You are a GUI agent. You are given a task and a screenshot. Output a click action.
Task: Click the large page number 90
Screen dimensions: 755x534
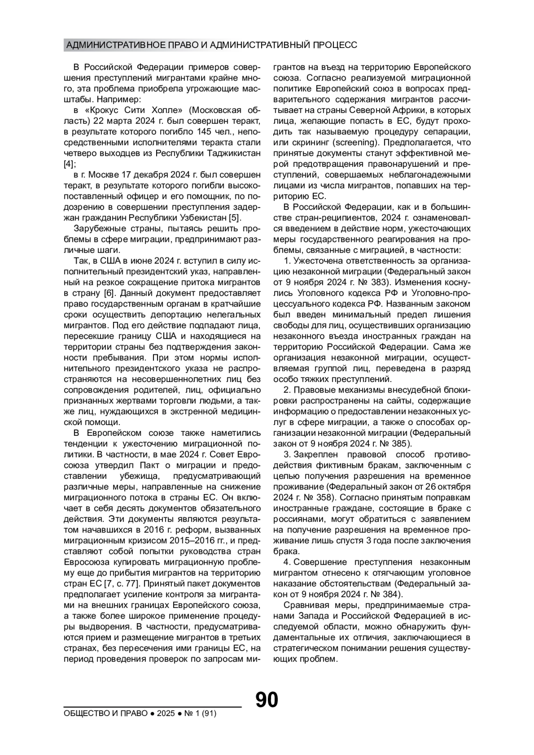267,699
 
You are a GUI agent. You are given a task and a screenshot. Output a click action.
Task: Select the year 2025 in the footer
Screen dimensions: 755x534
165,714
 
